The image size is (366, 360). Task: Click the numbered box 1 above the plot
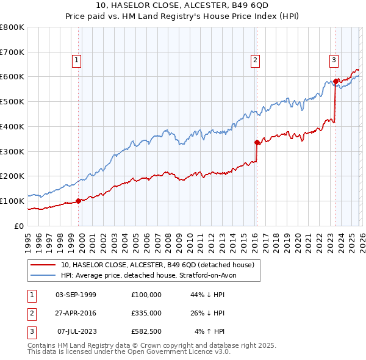(76, 60)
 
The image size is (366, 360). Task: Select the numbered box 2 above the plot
(254, 60)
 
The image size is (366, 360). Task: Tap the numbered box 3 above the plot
(334, 60)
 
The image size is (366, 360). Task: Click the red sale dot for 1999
(78, 201)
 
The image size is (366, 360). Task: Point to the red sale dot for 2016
(257, 142)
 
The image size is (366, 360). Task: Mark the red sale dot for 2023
(335, 81)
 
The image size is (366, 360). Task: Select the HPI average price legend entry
(152, 275)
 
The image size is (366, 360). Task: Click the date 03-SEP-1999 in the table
(76, 294)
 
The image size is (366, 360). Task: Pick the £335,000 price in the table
(146, 313)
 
